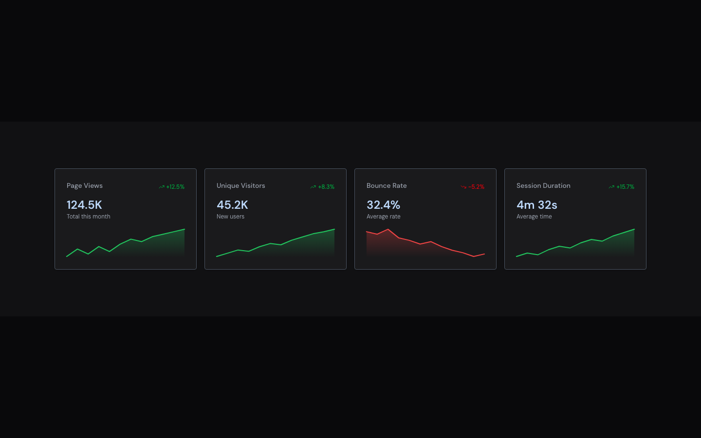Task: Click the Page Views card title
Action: [x=85, y=186]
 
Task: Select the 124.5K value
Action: [x=84, y=205]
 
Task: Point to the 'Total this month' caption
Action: [x=89, y=217]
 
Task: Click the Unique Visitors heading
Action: [x=241, y=186]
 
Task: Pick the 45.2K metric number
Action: [x=232, y=205]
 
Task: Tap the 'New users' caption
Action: [x=230, y=217]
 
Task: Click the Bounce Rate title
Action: [x=387, y=186]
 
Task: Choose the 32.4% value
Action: [x=383, y=205]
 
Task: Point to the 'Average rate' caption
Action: [x=384, y=217]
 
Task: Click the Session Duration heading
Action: [x=543, y=186]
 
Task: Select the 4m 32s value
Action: [x=537, y=205]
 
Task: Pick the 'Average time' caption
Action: [x=534, y=217]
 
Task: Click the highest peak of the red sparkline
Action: [x=388, y=229]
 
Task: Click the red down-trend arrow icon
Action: [x=463, y=187]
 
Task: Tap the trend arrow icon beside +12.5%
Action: [x=162, y=187]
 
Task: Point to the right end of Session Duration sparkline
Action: [x=634, y=229]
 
